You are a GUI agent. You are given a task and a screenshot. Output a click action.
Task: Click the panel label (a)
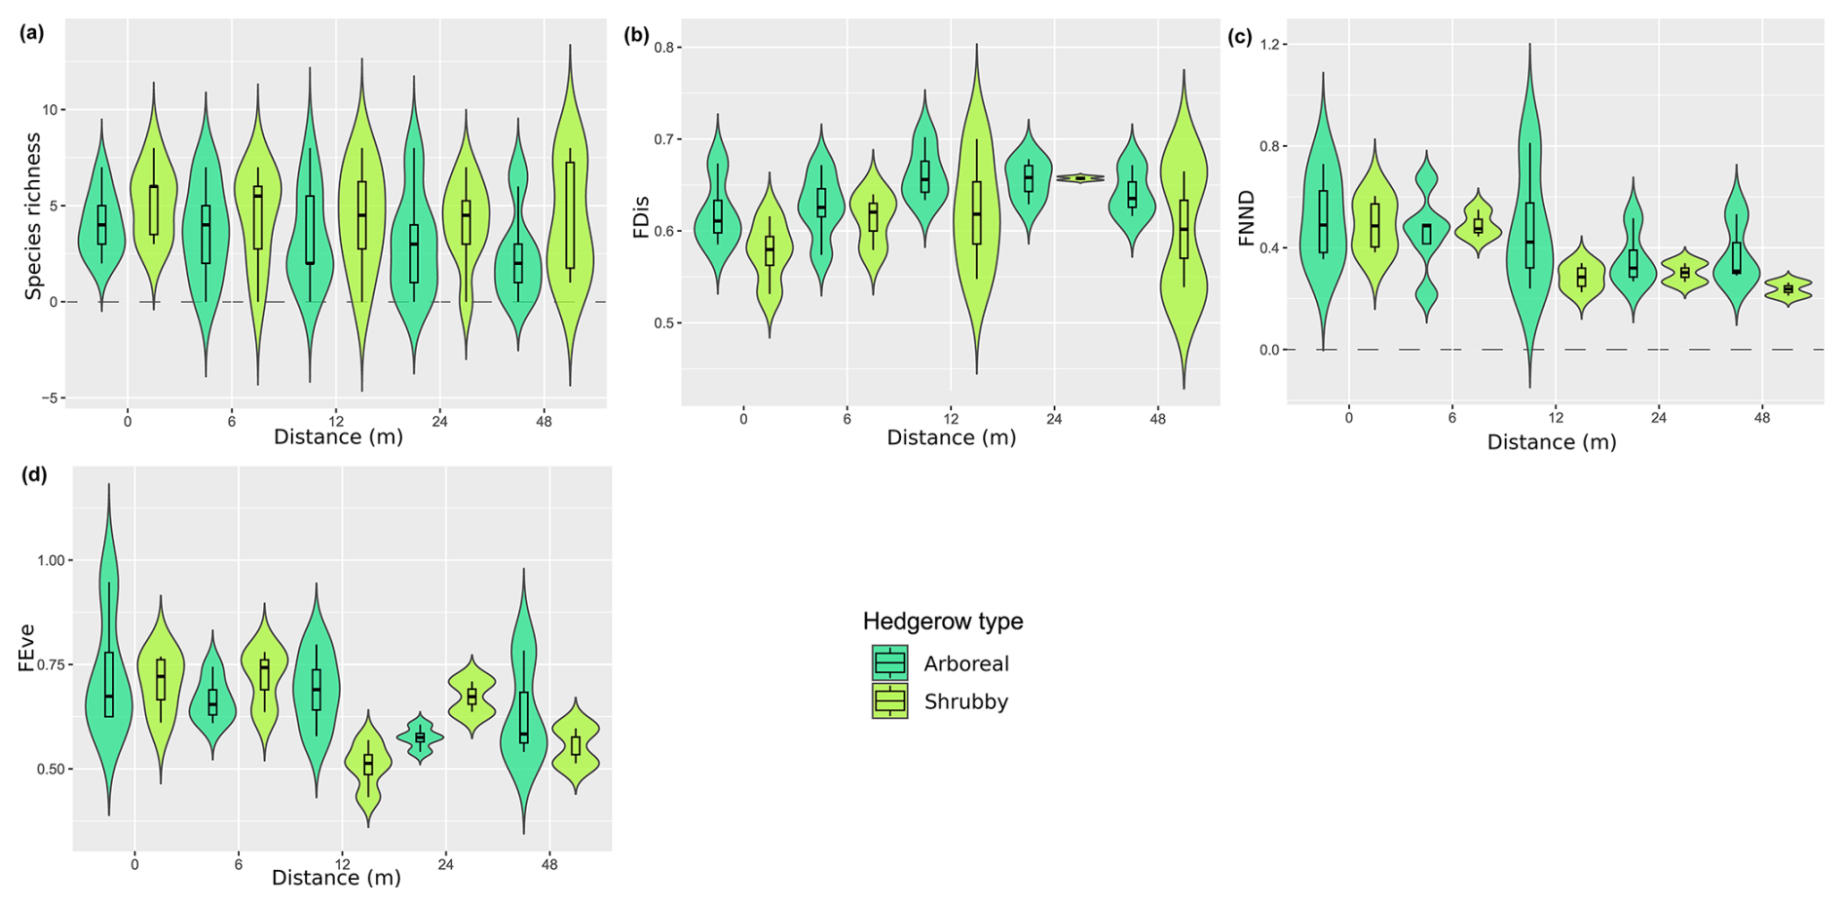tap(32, 33)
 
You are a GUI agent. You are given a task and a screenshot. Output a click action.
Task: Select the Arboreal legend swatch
tap(889, 663)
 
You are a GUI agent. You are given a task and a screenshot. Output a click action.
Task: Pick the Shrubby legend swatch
tap(889, 701)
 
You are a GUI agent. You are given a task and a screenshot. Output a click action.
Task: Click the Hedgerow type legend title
tap(943, 622)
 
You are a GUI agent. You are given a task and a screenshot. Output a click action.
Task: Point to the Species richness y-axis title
tap(33, 215)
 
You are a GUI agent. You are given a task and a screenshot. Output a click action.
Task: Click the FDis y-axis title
tap(641, 217)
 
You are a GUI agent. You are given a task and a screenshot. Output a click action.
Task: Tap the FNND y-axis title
tap(1247, 218)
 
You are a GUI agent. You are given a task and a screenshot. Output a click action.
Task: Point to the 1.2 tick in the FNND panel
tap(1272, 45)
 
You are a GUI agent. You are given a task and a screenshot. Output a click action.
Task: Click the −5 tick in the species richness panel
tap(50, 397)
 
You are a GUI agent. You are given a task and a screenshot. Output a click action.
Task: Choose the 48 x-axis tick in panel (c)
tap(1762, 418)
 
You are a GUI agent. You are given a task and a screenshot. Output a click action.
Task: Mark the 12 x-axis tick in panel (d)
tap(342, 864)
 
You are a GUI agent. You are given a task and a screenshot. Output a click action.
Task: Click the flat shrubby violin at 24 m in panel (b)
tap(1079, 178)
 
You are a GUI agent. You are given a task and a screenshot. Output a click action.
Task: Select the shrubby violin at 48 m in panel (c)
tap(1787, 288)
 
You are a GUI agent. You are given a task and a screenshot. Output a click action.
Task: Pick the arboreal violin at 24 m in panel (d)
tap(420, 737)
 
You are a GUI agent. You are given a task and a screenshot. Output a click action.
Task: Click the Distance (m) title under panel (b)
tap(951, 437)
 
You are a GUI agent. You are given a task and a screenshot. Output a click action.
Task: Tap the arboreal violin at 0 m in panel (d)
tap(108, 672)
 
